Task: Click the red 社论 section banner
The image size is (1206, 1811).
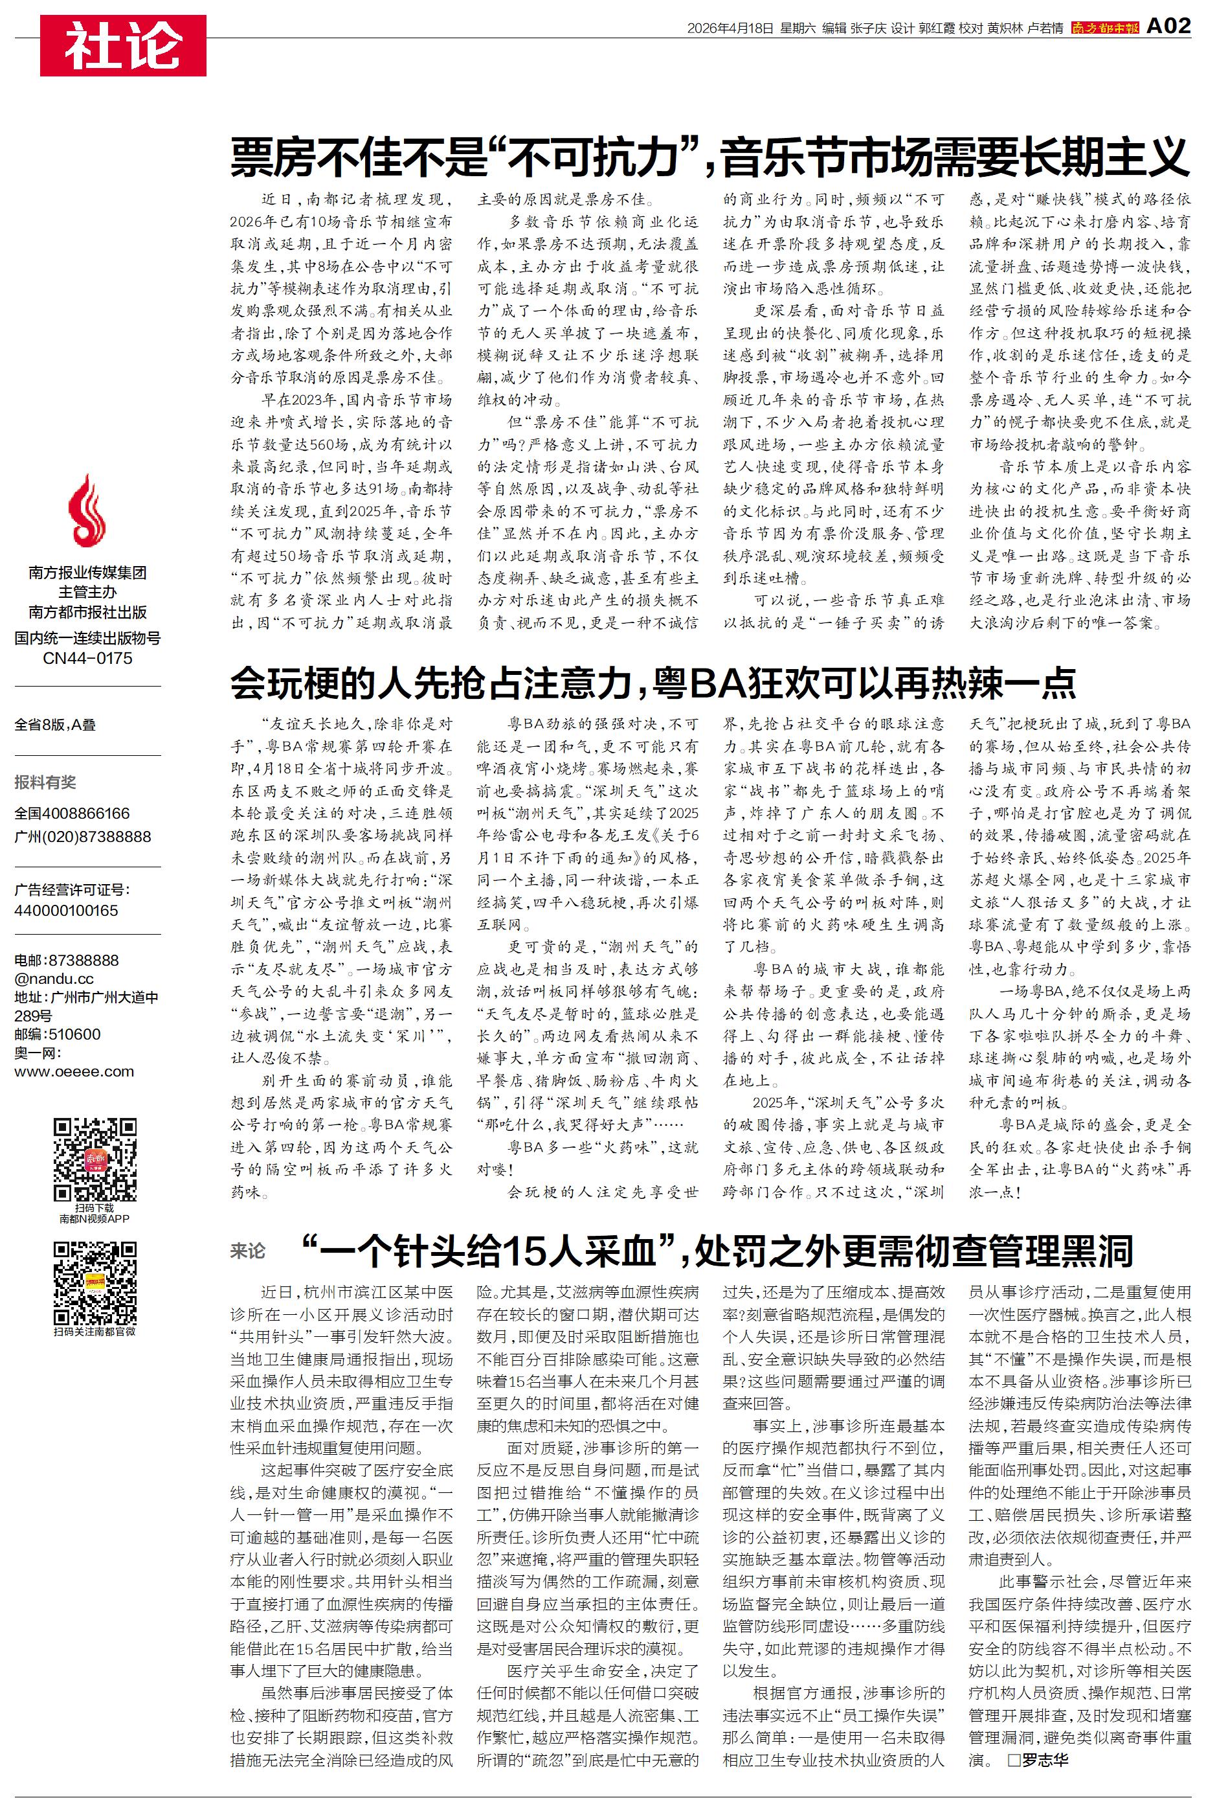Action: point(123,45)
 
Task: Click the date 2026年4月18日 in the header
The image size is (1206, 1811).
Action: point(729,28)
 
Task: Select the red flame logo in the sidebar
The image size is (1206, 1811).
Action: point(87,511)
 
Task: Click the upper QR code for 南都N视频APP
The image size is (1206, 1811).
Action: point(95,1160)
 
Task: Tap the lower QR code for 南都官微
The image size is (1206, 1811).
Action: point(95,1282)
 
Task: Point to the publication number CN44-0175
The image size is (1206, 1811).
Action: point(87,659)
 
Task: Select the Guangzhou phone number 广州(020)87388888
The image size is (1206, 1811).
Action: point(83,836)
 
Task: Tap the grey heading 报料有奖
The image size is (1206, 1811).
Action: point(45,782)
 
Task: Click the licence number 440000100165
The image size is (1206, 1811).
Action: point(66,910)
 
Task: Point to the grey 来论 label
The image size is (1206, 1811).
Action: point(248,1251)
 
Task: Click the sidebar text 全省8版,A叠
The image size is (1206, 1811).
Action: point(56,725)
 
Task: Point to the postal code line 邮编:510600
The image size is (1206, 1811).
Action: point(58,1034)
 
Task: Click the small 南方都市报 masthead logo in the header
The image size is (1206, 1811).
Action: point(1104,28)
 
